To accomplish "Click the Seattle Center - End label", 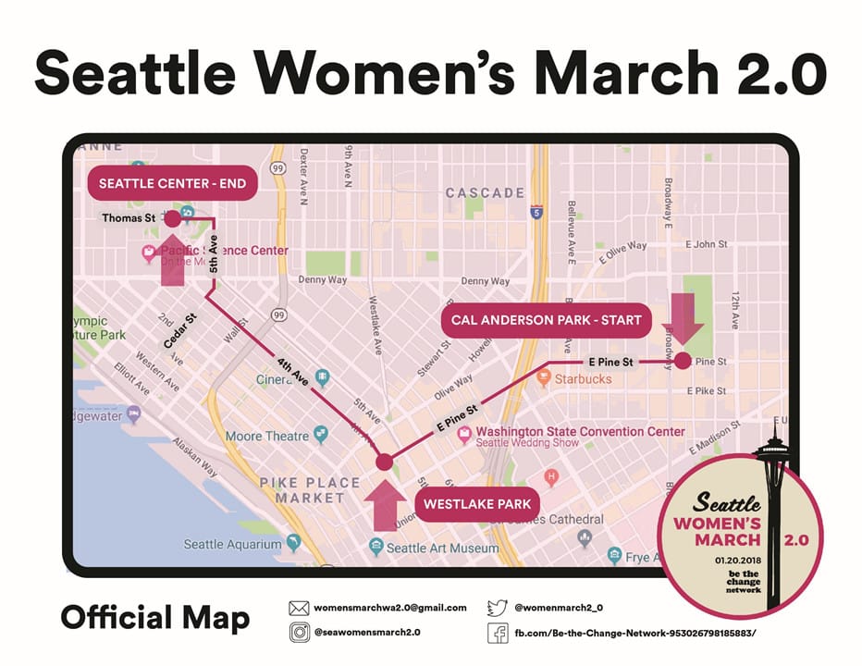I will (x=172, y=183).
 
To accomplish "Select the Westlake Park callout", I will (x=477, y=504).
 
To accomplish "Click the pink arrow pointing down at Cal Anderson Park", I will (x=687, y=318).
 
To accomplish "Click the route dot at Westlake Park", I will (x=385, y=462).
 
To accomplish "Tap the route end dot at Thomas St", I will (x=172, y=218).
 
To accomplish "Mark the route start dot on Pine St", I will (x=683, y=361).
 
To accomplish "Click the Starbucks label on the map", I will (x=583, y=379).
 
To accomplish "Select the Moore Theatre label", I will (x=267, y=436).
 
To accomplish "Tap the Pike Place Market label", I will (x=310, y=490).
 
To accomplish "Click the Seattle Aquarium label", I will (x=232, y=545).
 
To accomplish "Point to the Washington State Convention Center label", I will (x=581, y=431).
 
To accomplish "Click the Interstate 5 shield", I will (x=537, y=213).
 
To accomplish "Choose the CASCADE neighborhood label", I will (x=485, y=193).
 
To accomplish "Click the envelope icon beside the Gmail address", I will (x=299, y=608).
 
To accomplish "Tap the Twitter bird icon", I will (x=498, y=608).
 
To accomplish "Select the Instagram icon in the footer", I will (x=299, y=633).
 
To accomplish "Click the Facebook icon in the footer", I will (x=498, y=633).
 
